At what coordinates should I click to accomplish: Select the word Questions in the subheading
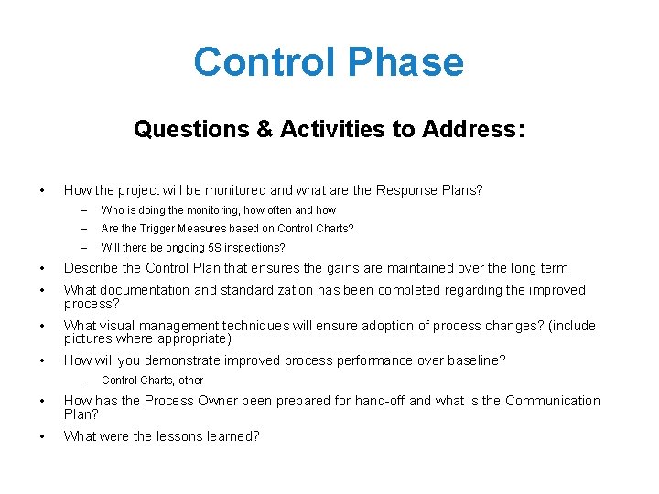coord(190,130)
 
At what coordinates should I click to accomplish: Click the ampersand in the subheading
coord(264,130)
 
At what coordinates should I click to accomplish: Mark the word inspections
coord(253,248)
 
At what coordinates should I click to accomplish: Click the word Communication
coord(553,401)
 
